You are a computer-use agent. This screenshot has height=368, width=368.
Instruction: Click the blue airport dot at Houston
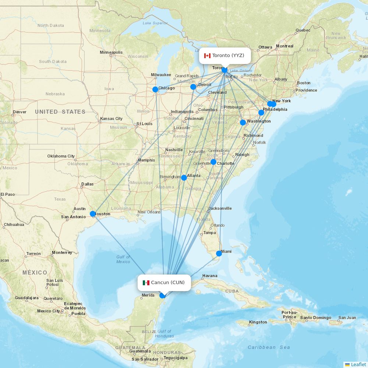click(93, 213)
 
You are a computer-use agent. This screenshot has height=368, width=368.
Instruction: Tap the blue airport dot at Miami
click(219, 253)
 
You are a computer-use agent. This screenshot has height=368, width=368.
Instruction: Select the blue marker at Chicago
click(155, 89)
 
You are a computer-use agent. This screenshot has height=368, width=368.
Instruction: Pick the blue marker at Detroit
click(193, 87)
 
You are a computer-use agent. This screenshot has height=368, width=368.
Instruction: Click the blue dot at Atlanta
click(184, 178)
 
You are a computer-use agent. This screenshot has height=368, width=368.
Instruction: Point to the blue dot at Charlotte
click(213, 162)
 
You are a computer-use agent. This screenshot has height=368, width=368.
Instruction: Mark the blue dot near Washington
click(243, 122)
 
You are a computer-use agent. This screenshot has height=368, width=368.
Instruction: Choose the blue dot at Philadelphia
click(261, 113)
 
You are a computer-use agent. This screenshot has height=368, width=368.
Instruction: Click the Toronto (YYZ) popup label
click(225, 56)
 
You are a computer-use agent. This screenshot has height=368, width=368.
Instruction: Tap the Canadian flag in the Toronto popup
click(207, 56)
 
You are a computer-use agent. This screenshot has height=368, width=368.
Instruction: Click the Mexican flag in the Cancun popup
click(146, 283)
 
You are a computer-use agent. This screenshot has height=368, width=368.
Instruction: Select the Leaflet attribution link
click(358, 364)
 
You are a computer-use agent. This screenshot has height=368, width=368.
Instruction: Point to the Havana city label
click(210, 276)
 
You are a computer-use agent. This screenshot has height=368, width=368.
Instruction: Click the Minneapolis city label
click(111, 52)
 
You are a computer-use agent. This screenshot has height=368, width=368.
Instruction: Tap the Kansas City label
click(111, 118)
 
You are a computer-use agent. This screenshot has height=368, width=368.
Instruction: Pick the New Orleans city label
click(149, 212)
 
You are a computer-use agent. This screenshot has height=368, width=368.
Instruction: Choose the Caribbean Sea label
click(269, 347)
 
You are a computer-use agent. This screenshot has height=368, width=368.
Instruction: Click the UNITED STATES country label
click(60, 112)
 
